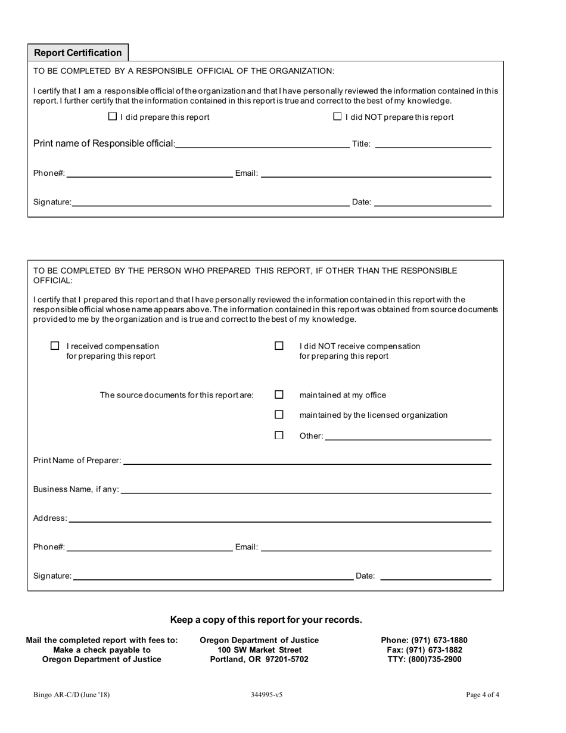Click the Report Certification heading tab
click(78, 52)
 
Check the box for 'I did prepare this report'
click(113, 117)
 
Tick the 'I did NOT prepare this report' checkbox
click(338, 117)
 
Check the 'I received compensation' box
click(55, 346)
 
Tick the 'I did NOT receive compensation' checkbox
click(279, 346)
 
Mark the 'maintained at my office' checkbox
click(279, 395)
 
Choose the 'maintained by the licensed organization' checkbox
click(279, 415)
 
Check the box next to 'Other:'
click(279, 436)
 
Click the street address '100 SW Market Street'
click(260, 650)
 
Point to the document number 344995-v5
click(267, 694)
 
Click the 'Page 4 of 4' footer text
click(483, 694)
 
